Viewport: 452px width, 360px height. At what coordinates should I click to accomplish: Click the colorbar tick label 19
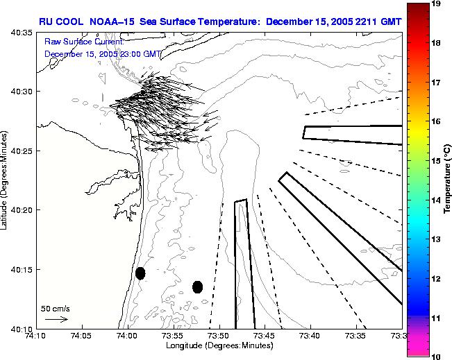(436, 3)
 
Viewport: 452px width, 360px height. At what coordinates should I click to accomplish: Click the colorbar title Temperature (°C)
(448, 180)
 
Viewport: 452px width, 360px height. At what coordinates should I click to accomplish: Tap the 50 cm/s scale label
(55, 308)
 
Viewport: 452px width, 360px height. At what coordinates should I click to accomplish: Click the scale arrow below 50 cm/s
(56, 319)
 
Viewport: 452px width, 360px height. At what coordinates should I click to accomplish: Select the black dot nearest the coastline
(140, 273)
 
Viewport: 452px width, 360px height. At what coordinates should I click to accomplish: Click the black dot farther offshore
(197, 286)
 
